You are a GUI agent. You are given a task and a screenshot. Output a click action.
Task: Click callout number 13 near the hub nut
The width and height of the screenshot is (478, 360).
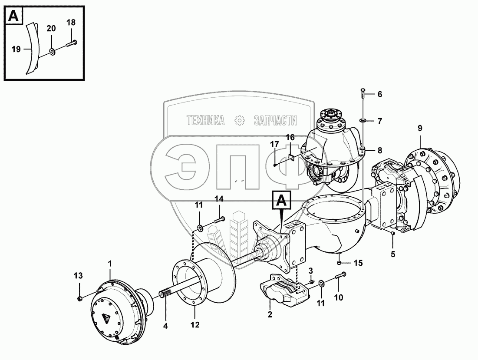coord(78,276)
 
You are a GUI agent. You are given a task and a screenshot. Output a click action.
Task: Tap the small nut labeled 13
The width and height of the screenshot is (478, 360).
coord(80,298)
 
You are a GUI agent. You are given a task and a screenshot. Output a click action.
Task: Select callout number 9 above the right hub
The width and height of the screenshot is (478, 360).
coord(420,128)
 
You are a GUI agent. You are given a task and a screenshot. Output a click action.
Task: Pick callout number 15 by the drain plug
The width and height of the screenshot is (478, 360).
coord(358,263)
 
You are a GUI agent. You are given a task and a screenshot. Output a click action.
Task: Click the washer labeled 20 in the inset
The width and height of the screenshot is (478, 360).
coord(52,52)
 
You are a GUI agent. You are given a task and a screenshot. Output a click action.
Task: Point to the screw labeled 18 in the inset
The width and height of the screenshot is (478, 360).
coord(72,43)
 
